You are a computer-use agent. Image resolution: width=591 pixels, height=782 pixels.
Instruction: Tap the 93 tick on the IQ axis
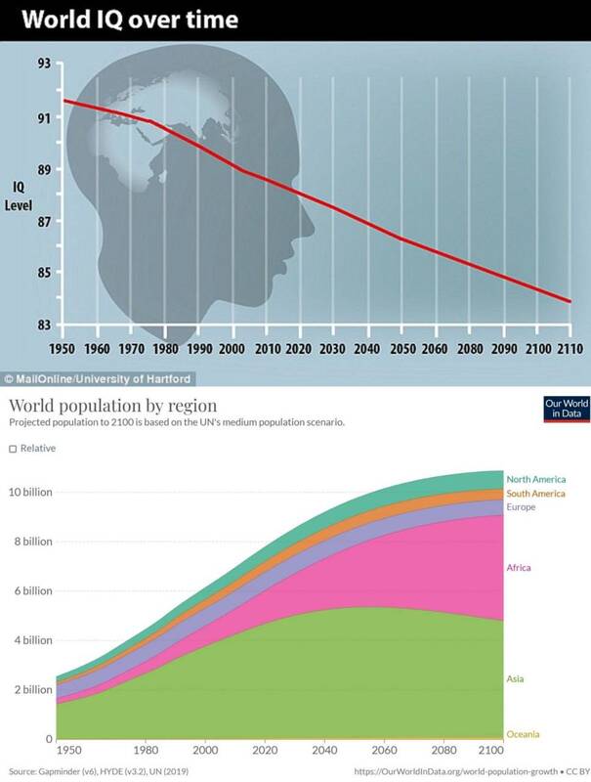pos(43,65)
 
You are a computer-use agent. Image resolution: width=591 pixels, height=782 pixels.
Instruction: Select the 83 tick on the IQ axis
pos(43,325)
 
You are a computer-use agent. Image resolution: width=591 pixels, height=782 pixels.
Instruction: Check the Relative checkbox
pos(13,449)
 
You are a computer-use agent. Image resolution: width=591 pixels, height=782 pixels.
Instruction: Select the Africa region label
pos(520,567)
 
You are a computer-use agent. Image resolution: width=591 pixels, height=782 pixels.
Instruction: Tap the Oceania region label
pos(524,734)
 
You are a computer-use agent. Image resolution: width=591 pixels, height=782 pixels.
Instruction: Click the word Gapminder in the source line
pos(62,771)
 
